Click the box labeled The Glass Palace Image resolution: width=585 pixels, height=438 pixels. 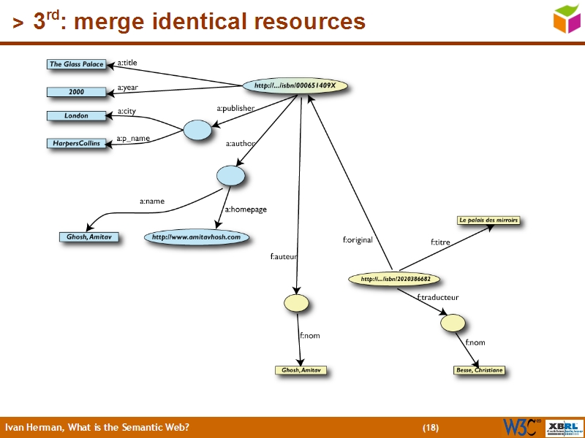point(76,64)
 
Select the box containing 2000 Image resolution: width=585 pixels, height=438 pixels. point(76,92)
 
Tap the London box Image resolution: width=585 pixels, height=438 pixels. point(76,116)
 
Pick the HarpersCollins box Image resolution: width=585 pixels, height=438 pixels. point(76,143)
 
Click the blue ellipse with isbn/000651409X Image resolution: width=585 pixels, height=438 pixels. point(295,86)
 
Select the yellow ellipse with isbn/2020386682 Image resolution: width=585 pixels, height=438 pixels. point(395,279)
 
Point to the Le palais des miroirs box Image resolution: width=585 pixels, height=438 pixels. point(488,220)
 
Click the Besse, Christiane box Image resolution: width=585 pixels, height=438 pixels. point(479,370)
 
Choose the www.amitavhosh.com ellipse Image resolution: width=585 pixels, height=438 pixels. point(196,237)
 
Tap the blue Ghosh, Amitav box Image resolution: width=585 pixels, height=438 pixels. point(88,237)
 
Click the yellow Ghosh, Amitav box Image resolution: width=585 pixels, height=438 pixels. point(301,370)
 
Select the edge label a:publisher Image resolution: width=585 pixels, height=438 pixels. point(235,109)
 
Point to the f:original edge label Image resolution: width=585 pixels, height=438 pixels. point(358,239)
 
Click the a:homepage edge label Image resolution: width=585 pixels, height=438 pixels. point(246,210)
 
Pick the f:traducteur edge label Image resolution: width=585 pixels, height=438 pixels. point(437,297)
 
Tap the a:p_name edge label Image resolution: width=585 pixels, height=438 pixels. point(133,138)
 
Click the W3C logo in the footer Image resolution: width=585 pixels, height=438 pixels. point(520,427)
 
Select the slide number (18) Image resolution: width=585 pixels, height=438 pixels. point(430,427)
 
